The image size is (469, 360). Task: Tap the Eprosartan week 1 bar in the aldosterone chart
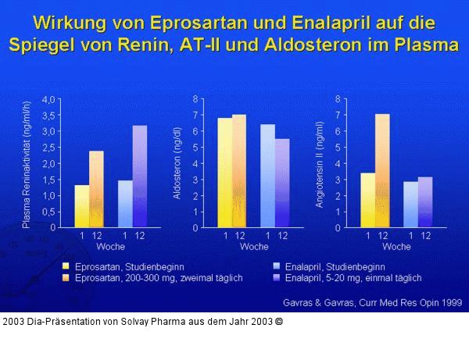click(x=225, y=173)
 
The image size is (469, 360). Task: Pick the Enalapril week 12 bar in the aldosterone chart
click(x=282, y=184)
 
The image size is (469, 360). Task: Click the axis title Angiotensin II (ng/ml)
click(x=319, y=164)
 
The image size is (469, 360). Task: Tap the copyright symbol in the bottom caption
click(x=279, y=321)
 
